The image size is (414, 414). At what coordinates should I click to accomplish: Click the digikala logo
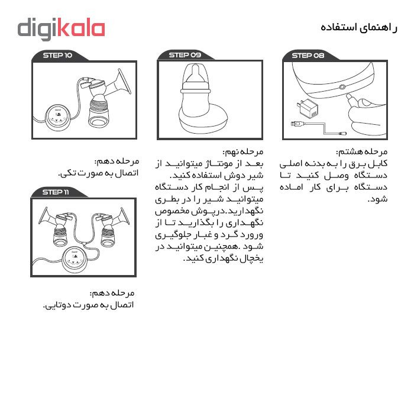(62, 29)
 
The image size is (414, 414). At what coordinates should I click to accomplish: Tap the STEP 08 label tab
(308, 56)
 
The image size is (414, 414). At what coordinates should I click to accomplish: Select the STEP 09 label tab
(185, 55)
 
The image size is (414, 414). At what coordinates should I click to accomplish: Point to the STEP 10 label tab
(57, 55)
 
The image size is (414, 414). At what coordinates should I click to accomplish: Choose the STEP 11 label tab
(56, 192)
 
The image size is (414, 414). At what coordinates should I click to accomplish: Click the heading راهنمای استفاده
(359, 28)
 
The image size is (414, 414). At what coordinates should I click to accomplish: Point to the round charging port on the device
(342, 87)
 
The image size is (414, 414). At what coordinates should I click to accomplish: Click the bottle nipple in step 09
(195, 73)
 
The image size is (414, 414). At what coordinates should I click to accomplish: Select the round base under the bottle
(203, 120)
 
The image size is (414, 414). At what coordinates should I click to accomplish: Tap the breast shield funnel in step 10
(124, 82)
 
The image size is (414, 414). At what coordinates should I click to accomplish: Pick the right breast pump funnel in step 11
(124, 216)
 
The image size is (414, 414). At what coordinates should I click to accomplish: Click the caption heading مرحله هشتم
(362, 152)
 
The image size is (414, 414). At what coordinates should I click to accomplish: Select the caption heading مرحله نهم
(243, 152)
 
